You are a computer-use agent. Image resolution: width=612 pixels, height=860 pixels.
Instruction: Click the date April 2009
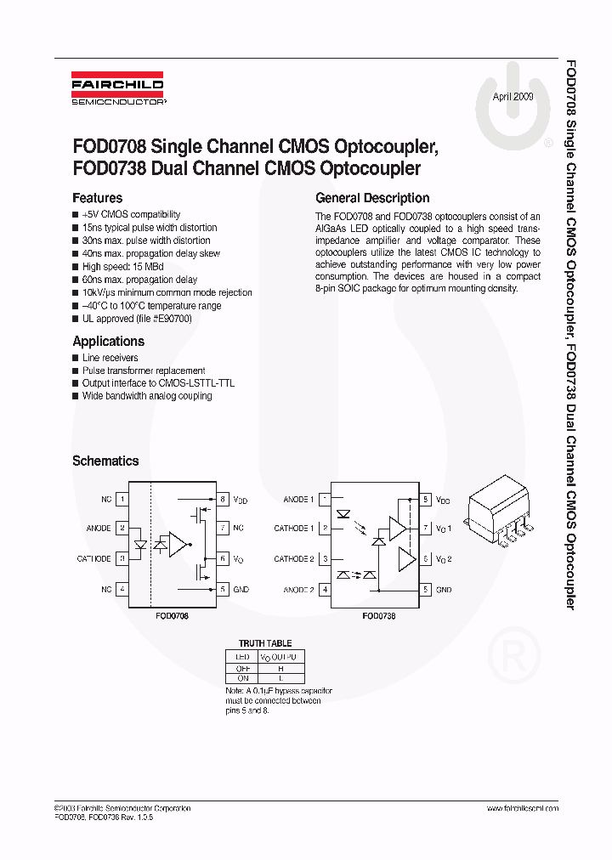point(513,98)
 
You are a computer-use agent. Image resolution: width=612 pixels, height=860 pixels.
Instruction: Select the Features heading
point(97,198)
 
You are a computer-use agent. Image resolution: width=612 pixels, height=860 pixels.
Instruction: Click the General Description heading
point(372,198)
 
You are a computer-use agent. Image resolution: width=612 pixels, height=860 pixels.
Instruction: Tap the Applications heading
point(108,341)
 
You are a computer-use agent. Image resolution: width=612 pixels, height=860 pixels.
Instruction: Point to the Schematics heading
point(105,461)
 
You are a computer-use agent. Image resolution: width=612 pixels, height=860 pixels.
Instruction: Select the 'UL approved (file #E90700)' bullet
point(136,319)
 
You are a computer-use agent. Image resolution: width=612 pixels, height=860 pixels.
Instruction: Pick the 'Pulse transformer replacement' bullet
point(143,371)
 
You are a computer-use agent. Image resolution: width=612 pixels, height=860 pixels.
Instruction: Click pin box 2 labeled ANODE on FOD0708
point(123,529)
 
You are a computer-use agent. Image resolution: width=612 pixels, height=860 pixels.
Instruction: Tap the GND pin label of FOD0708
point(241,589)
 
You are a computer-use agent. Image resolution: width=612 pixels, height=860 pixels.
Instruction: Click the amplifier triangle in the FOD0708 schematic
point(178,544)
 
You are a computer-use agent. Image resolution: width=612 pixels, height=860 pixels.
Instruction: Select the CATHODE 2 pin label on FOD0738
point(293,559)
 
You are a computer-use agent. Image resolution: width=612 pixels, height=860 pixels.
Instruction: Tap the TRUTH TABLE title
point(264,644)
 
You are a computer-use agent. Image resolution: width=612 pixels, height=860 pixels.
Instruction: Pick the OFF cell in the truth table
point(242,668)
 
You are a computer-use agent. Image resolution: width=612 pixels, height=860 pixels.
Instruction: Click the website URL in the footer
point(522,808)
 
